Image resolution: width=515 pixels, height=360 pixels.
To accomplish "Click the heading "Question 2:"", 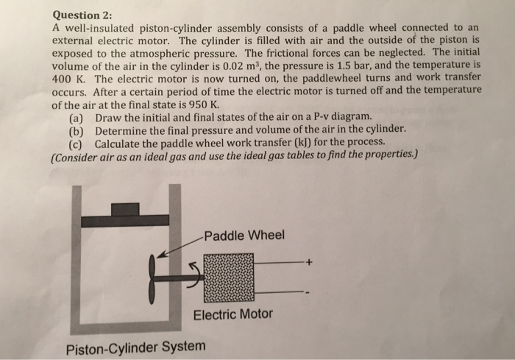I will (x=82, y=13).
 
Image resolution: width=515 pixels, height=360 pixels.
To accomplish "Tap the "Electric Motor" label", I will (x=232, y=314).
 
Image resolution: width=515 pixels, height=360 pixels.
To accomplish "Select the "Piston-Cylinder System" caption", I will (x=136, y=346).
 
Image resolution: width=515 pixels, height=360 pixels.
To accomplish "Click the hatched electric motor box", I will (x=228, y=278).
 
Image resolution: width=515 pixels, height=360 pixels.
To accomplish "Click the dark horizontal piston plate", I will (x=125, y=221).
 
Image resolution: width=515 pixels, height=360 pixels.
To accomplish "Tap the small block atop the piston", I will (x=125, y=209).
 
